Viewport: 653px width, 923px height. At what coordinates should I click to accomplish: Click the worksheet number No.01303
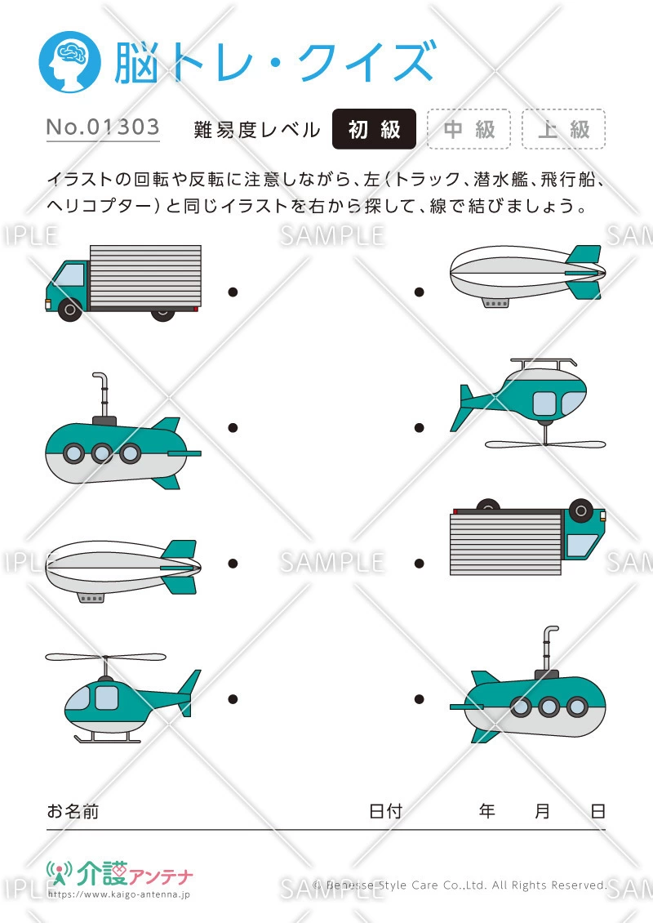pyautogui.click(x=103, y=128)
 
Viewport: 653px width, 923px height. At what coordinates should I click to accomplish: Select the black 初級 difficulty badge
pyautogui.click(x=375, y=129)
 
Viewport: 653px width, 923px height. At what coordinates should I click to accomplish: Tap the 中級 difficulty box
pyautogui.click(x=469, y=129)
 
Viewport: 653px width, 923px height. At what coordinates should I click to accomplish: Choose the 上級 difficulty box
pyautogui.click(x=563, y=129)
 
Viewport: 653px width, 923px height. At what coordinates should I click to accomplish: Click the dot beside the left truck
pyautogui.click(x=233, y=292)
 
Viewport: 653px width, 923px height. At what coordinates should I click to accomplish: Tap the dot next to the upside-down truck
pyautogui.click(x=420, y=564)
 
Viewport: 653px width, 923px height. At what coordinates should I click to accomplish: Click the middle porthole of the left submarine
pyautogui.click(x=101, y=453)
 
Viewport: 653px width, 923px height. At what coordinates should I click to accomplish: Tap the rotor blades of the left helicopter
pyautogui.click(x=105, y=657)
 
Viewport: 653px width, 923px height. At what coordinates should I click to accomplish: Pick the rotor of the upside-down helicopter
pyautogui.click(x=545, y=444)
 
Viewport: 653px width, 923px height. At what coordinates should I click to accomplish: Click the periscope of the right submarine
pyautogui.click(x=546, y=645)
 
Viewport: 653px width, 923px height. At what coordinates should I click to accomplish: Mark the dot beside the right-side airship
pyautogui.click(x=420, y=292)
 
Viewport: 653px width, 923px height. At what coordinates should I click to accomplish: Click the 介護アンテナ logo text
pyautogui.click(x=135, y=876)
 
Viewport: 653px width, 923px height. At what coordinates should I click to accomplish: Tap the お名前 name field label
pyautogui.click(x=73, y=811)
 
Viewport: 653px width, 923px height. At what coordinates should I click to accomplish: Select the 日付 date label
pyautogui.click(x=385, y=811)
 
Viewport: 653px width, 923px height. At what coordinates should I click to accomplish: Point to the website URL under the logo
pyautogui.click(x=119, y=895)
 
